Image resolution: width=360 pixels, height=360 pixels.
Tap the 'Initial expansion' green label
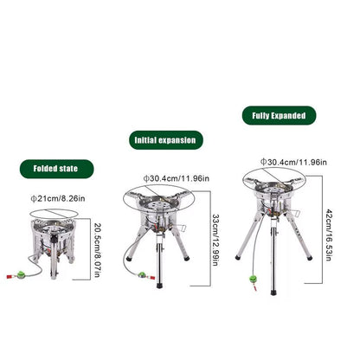168,138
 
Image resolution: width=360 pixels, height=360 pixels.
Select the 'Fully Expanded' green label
279,115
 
